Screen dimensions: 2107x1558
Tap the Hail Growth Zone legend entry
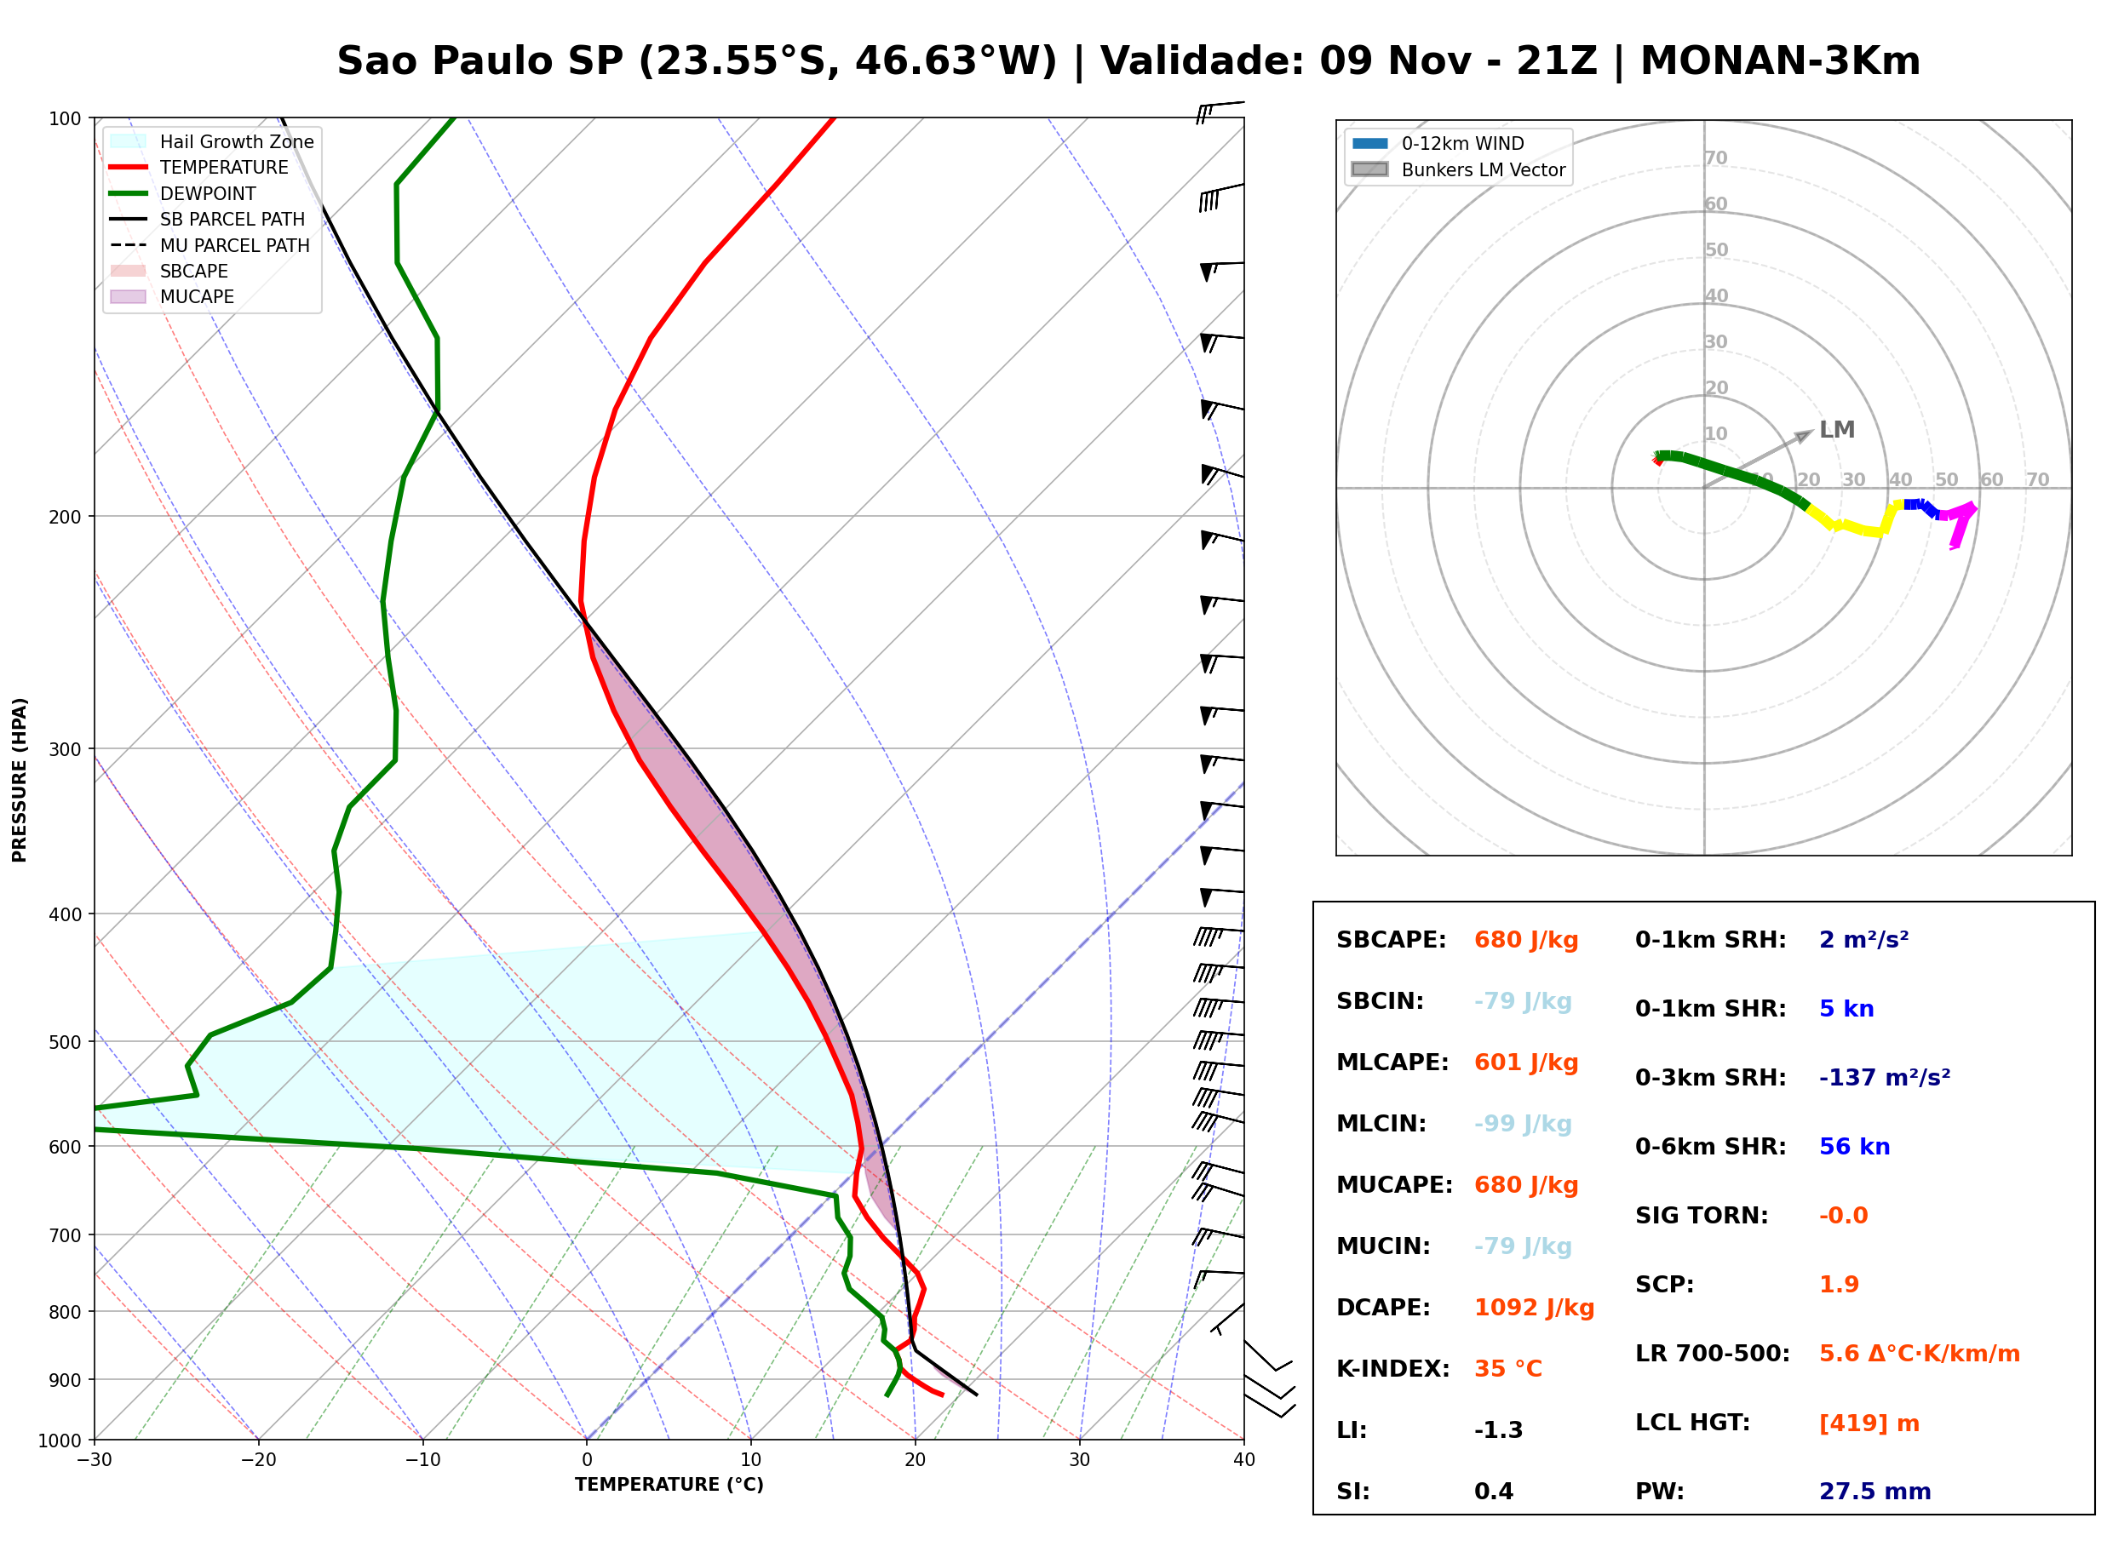[x=212, y=141]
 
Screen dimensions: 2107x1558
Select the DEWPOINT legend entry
[x=183, y=193]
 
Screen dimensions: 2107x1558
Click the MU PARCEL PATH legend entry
[x=210, y=245]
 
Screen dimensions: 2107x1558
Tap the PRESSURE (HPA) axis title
[x=20, y=779]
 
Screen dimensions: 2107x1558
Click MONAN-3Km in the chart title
[x=1780, y=61]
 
